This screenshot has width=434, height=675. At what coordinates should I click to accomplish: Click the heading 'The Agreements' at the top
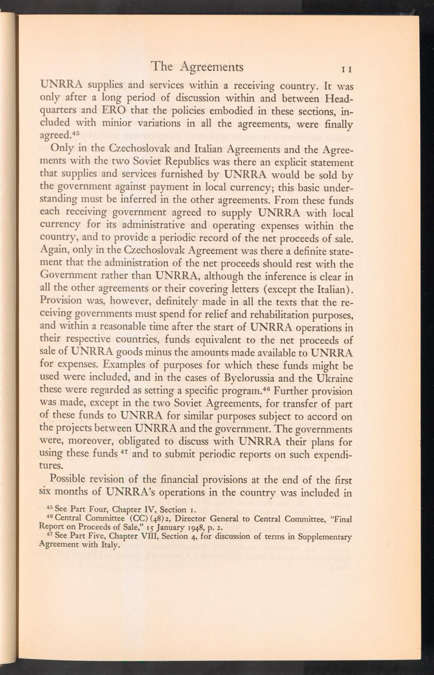pos(197,67)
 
